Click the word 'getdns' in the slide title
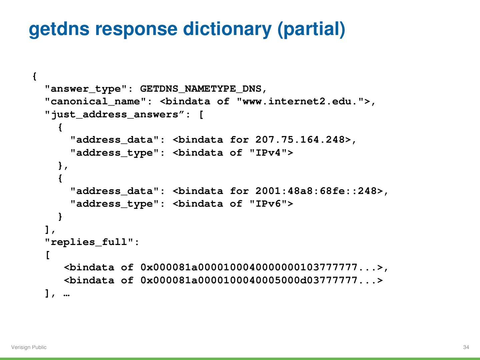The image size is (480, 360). point(59,29)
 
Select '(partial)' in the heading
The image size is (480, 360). point(311,29)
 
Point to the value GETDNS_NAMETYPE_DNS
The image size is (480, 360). point(201,89)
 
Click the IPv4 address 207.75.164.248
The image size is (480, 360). point(300,140)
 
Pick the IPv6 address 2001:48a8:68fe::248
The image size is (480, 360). point(316,191)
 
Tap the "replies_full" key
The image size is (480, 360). point(89,242)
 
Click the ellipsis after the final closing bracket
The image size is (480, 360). point(66,294)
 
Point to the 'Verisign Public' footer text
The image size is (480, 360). point(29,347)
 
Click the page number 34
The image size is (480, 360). point(466,347)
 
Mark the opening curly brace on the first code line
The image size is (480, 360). point(35,76)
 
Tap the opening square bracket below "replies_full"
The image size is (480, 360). point(48,255)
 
